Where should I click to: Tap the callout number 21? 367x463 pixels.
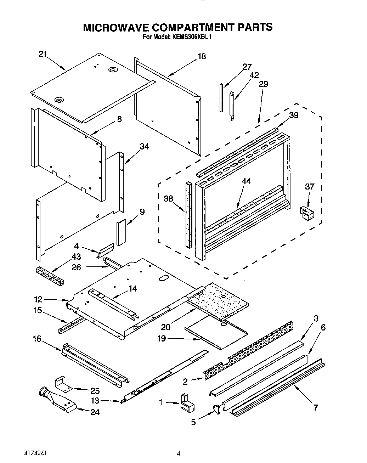coord(43,54)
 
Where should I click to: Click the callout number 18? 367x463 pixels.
coord(202,56)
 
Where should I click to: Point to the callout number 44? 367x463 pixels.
coord(246,181)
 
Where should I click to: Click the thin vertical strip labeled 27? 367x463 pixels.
coord(221,97)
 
